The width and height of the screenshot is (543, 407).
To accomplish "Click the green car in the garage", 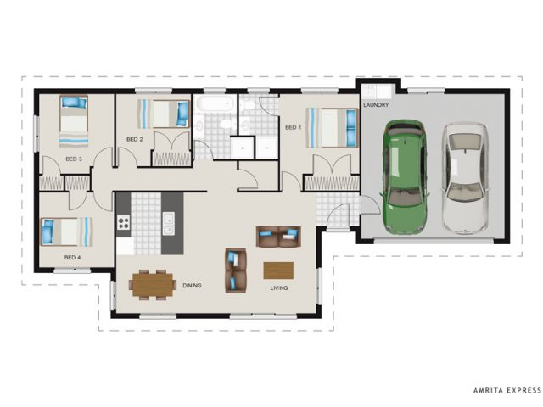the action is [405, 176].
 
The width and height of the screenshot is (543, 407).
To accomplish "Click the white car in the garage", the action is [465, 178].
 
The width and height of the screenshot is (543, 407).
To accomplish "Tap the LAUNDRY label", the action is [376, 105].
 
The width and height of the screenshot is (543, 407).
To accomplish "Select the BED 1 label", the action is [293, 127].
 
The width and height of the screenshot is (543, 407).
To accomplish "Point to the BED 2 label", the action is [134, 139].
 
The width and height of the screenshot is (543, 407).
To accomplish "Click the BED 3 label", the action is [74, 159].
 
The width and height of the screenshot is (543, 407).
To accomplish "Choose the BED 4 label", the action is [72, 258].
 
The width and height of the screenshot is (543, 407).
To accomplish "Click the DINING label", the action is [192, 286].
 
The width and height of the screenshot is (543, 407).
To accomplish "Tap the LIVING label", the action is [279, 288].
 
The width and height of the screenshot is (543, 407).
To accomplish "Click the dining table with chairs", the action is [153, 285].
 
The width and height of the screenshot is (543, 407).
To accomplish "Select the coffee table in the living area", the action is [278, 270].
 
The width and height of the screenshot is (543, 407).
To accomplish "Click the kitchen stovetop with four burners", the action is [123, 222].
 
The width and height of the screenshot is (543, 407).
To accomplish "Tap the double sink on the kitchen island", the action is [169, 224].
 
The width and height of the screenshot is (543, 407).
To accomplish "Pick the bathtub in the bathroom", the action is [214, 103].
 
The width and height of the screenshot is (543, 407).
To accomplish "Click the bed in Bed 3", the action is [74, 121].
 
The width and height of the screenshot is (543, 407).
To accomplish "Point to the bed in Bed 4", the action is [67, 231].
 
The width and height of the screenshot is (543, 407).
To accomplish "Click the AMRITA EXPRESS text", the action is [507, 390].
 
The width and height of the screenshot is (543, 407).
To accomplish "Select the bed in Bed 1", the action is [332, 128].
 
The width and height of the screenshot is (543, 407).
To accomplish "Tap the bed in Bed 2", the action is [164, 114].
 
